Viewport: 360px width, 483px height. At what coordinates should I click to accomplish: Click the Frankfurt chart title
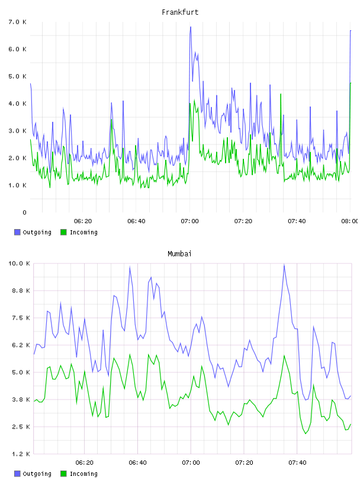coord(180,12)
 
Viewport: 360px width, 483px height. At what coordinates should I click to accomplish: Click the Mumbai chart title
coord(179,254)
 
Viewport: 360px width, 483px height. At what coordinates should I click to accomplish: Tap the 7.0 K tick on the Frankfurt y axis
coord(18,22)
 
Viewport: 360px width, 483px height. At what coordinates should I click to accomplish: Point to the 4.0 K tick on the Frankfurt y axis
coord(18,104)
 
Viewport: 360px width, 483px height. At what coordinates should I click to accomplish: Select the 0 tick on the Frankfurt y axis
coord(24,212)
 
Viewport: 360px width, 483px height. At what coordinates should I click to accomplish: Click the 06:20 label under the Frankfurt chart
coord(83,221)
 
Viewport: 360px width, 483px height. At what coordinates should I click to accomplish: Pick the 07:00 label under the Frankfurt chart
coord(190,221)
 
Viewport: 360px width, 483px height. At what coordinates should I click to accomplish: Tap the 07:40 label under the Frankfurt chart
coord(297,221)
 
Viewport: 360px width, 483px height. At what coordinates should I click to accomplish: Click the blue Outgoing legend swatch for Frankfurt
coord(17,232)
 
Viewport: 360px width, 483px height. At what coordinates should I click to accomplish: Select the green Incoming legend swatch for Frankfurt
coord(63,232)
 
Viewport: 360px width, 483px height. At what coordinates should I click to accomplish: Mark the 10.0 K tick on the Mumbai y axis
coord(19,263)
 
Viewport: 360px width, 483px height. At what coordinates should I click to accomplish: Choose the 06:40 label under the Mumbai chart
coord(138,463)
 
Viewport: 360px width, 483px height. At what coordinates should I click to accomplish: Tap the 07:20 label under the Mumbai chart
coord(244,463)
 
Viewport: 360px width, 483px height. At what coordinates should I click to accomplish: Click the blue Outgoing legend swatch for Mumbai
coord(17,474)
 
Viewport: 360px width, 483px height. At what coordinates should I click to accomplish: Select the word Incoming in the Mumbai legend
coord(83,474)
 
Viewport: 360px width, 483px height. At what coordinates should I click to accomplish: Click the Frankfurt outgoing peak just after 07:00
coord(191,27)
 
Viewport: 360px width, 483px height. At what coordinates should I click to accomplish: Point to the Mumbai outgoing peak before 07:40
coord(284,265)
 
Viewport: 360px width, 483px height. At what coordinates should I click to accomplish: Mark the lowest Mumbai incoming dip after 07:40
coord(306,433)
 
